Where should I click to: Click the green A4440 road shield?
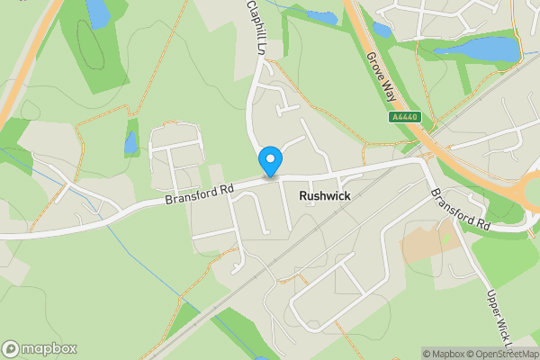coord(404,116)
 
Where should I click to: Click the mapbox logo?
coord(40,348)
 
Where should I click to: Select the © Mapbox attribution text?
coord(446,353)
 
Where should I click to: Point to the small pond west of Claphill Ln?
coord(131,142)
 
